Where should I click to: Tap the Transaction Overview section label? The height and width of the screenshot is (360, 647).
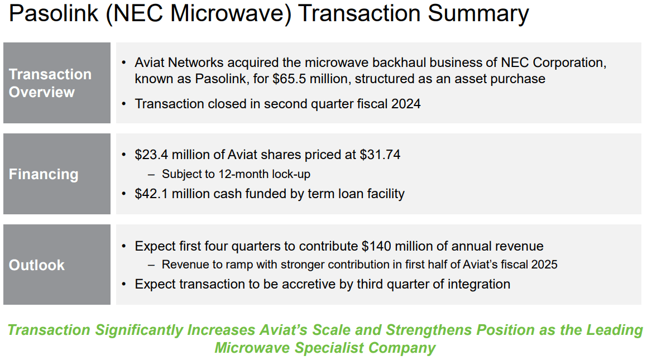pyautogui.click(x=50, y=83)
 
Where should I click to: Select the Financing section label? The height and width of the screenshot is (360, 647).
pyautogui.click(x=44, y=174)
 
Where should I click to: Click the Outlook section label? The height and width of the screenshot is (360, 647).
pyautogui.click(x=37, y=265)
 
